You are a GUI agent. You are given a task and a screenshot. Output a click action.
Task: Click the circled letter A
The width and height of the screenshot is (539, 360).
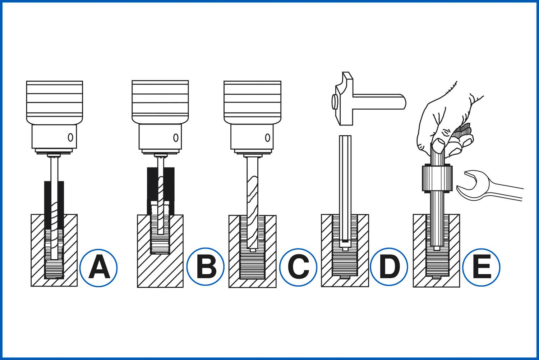coord(98,268)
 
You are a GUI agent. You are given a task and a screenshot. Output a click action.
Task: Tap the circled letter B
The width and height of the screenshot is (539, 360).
coord(206,267)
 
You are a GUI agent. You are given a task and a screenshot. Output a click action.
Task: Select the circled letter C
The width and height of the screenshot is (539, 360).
coord(298,268)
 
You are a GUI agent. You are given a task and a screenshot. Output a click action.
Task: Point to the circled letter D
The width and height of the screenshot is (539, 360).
coord(389,267)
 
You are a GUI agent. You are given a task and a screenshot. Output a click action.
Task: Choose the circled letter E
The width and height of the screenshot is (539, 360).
coord(481,267)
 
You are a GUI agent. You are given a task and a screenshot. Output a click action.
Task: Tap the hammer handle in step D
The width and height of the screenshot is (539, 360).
coord(381,100)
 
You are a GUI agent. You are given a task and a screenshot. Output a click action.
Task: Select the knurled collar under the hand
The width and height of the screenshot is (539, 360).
coord(437,178)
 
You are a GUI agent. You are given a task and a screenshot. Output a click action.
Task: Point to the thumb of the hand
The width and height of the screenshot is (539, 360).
coord(438,146)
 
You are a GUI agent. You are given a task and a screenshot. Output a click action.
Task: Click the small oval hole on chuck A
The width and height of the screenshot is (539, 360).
coord(70,137)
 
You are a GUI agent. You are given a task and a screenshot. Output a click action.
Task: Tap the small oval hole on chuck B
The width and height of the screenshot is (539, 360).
coord(176,137)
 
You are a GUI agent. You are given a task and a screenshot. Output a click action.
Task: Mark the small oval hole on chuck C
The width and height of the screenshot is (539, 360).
coord(267,137)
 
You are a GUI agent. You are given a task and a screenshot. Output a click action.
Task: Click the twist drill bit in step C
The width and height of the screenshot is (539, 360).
coord(252,201)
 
